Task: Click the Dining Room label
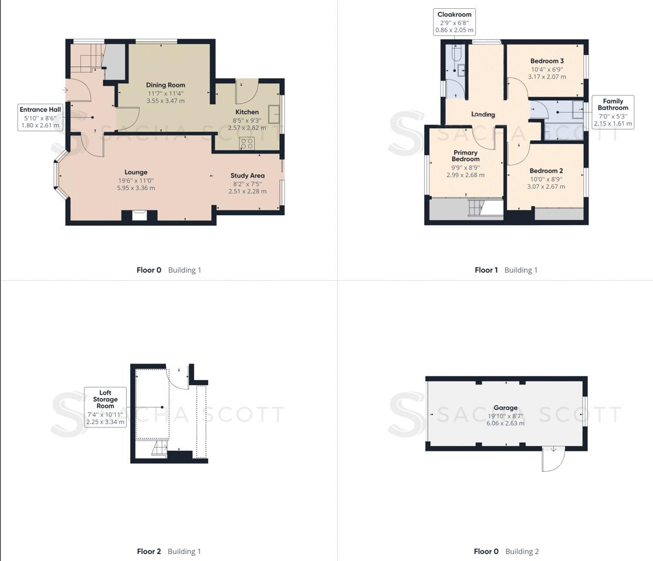tap(165, 85)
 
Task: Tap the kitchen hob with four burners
tap(247, 142)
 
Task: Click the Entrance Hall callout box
tap(40, 117)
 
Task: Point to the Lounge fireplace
tap(139, 215)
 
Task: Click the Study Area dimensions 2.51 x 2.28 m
tap(247, 191)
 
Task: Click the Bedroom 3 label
tap(547, 61)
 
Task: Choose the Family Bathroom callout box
tap(613, 112)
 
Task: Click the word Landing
tap(483, 115)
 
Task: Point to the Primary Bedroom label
tap(465, 156)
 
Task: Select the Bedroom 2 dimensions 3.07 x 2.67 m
tap(546, 186)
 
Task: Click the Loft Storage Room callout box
tap(105, 407)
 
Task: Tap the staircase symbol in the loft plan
tap(160, 449)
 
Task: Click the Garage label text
tap(505, 408)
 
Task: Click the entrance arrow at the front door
tap(65, 90)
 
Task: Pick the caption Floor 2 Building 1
tap(169, 551)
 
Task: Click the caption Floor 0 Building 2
tap(506, 551)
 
